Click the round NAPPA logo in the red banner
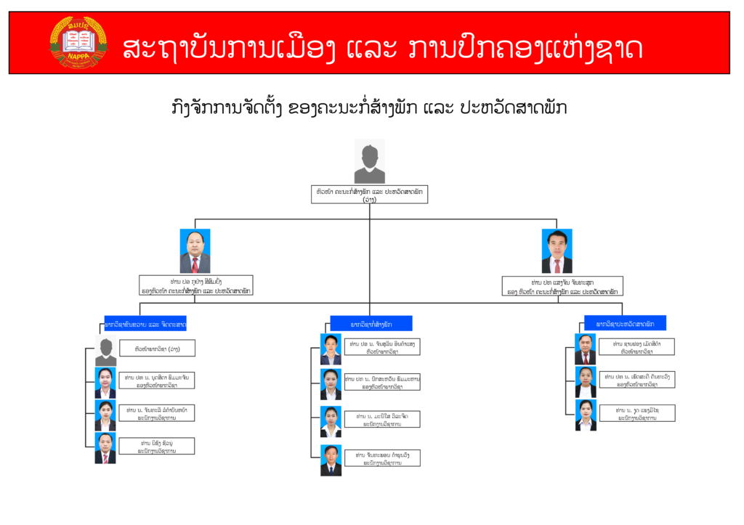tap(78, 42)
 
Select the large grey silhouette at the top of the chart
tap(370, 163)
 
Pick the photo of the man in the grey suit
tap(195, 251)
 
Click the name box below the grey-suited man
tap(196, 285)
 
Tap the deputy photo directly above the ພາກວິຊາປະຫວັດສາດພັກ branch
tap(557, 251)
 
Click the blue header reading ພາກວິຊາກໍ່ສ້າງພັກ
tap(371, 323)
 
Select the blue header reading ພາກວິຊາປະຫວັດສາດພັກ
tap(625, 322)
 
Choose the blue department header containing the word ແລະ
tap(145, 323)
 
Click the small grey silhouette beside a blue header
tap(105, 350)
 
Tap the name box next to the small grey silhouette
tap(158, 349)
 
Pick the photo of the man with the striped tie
tap(105, 448)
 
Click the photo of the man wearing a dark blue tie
tap(331, 460)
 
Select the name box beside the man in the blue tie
tap(382, 457)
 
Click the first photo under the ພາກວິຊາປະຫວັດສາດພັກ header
tap(585, 349)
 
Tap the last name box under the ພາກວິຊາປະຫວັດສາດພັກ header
tap(637, 413)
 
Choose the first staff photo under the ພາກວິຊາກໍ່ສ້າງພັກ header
tap(331, 349)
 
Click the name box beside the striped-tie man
tap(158, 446)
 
